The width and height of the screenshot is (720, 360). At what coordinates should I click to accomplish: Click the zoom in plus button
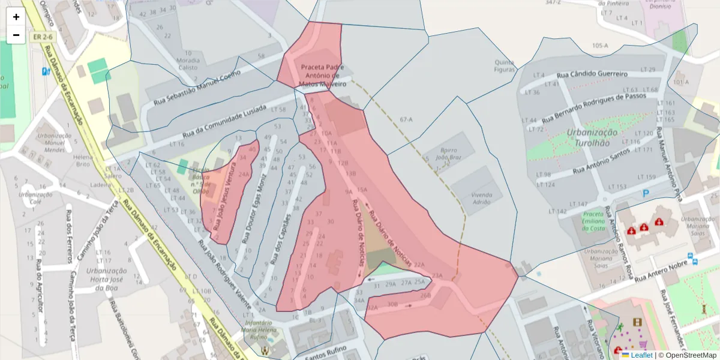point(16,17)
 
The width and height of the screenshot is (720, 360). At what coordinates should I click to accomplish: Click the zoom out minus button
point(16,35)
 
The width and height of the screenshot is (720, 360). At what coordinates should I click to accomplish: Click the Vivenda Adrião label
point(482,199)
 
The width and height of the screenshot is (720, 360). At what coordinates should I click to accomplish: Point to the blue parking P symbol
point(646,193)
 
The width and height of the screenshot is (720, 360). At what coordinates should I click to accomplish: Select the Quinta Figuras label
point(505,66)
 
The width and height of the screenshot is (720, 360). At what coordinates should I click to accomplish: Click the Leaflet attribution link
point(641,355)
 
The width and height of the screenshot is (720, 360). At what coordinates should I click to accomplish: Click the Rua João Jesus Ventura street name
point(223,194)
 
